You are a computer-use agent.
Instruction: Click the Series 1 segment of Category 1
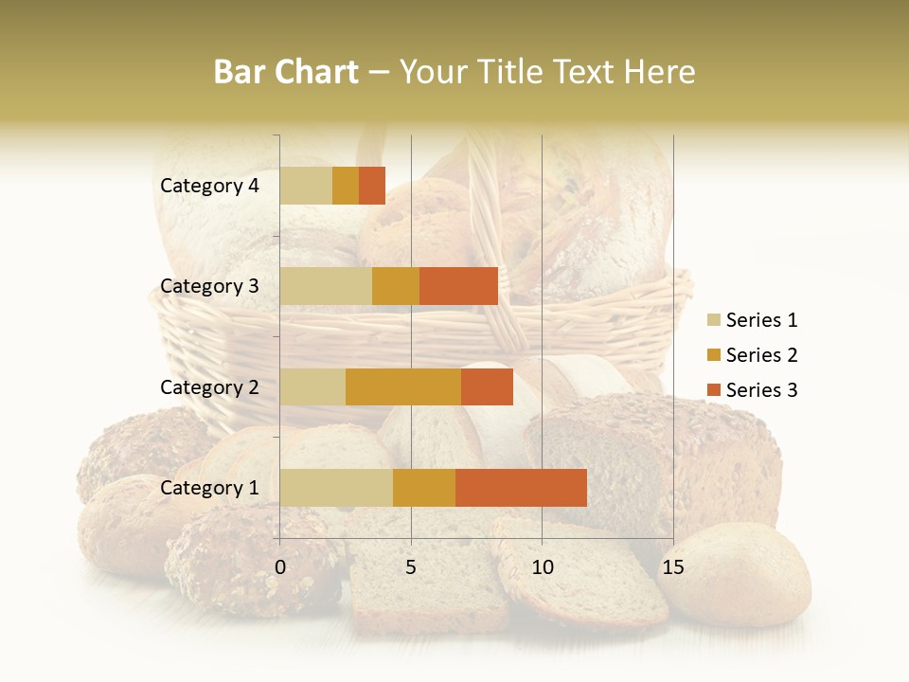(x=336, y=488)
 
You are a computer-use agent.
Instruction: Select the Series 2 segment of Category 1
(x=424, y=488)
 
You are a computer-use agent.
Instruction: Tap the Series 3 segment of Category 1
(x=521, y=488)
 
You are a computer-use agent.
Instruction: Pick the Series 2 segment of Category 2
(x=403, y=386)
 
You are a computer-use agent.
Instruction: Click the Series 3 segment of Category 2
(x=487, y=386)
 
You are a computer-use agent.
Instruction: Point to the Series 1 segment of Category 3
(x=326, y=286)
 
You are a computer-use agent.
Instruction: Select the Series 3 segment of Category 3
(x=458, y=286)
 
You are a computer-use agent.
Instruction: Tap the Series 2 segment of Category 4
(x=346, y=186)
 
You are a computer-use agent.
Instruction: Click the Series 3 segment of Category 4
(x=372, y=186)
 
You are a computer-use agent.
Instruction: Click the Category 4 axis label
(x=209, y=186)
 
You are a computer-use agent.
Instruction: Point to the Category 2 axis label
(x=209, y=386)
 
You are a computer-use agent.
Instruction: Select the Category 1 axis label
(x=209, y=488)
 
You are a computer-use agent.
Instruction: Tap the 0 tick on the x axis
(x=280, y=567)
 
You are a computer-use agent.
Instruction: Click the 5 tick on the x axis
(x=411, y=567)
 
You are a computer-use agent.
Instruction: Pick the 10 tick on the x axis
(x=542, y=567)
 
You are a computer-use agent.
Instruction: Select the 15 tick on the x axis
(x=672, y=567)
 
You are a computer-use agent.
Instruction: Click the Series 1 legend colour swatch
(x=714, y=320)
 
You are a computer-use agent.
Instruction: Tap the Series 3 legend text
(x=761, y=390)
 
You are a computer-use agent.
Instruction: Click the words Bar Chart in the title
(x=286, y=72)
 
